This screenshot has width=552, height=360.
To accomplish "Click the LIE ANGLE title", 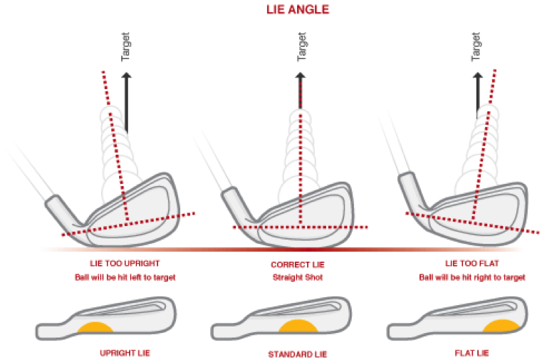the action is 298,9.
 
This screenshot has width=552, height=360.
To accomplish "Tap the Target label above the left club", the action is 125,47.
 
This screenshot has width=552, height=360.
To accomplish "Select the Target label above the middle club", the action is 302,47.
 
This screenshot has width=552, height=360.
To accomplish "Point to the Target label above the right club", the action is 476,47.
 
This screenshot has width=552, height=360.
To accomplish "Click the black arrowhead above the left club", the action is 126,76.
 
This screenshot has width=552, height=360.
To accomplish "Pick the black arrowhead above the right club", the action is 477,76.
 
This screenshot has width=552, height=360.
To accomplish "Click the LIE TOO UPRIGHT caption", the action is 125,264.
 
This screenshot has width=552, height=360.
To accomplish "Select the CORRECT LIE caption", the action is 298,264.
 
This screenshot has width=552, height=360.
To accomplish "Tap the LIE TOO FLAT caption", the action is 472,264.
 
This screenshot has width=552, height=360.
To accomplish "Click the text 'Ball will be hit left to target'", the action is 125,277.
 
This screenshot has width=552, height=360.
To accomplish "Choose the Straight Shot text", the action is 298,277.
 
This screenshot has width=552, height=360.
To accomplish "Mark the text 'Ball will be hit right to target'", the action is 472,277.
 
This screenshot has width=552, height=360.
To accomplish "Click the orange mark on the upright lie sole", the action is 95,327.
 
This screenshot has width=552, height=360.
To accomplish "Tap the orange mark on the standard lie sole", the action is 298,326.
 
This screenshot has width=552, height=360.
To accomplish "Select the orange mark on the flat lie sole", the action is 501,326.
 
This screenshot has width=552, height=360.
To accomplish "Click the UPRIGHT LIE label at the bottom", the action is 125,353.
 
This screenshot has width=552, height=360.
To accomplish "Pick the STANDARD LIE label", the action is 298,354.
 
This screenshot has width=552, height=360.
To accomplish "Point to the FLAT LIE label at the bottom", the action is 472,353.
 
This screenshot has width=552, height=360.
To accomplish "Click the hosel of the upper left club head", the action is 64,211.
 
